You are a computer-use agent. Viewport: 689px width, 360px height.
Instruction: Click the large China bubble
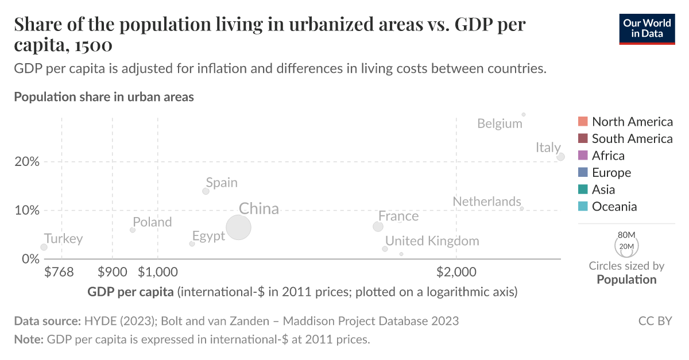(x=238, y=227)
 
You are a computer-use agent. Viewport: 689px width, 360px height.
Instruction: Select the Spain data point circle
(x=206, y=191)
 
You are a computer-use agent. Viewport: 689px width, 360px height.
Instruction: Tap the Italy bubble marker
(x=561, y=157)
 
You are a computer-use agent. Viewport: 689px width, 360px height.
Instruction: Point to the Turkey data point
(x=44, y=247)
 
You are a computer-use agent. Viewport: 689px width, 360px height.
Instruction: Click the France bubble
(x=378, y=227)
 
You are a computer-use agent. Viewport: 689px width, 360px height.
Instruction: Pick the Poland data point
(x=133, y=230)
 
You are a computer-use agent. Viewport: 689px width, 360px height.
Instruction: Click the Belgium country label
(x=500, y=123)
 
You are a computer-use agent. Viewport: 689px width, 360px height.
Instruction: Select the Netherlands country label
(x=486, y=202)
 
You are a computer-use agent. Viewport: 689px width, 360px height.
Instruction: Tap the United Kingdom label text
(x=432, y=241)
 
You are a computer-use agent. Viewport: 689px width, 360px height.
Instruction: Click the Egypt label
(x=208, y=236)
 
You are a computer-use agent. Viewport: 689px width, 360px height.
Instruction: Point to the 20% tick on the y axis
(x=27, y=161)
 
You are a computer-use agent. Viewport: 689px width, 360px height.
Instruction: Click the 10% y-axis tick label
(x=27, y=210)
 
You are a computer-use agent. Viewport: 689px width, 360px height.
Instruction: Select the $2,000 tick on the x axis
(x=455, y=271)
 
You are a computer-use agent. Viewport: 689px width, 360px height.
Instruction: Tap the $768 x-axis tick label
(x=59, y=271)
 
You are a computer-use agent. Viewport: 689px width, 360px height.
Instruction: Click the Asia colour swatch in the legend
(x=583, y=189)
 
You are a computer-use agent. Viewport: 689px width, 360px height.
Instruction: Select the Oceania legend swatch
(x=583, y=207)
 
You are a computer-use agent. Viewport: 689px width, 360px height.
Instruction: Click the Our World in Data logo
(x=647, y=28)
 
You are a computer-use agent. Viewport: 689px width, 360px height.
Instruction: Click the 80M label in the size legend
(x=626, y=235)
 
